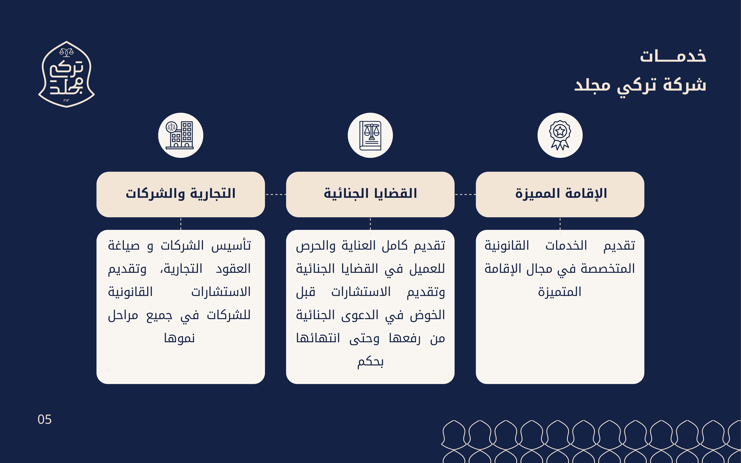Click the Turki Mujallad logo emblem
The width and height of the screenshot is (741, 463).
[x=67, y=74]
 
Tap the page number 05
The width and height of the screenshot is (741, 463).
[x=44, y=419]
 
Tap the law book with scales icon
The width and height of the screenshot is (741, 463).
[x=370, y=135]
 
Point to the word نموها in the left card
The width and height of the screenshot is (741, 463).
[x=180, y=338]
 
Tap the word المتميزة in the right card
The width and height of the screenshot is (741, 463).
[x=560, y=292]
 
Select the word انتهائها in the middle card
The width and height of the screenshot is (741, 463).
[x=318, y=338]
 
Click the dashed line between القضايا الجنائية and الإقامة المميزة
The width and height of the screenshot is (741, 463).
[x=465, y=194]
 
